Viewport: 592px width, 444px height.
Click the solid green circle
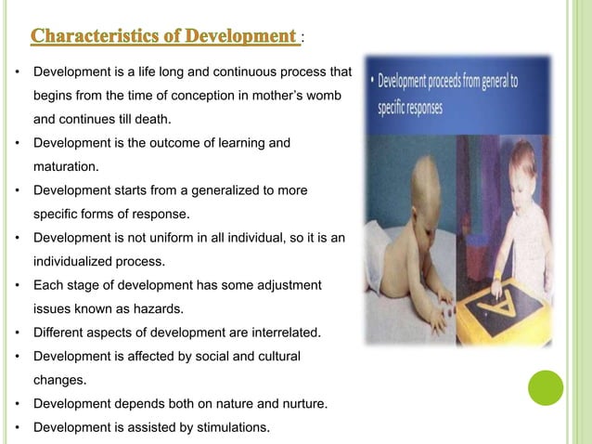(546, 387)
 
